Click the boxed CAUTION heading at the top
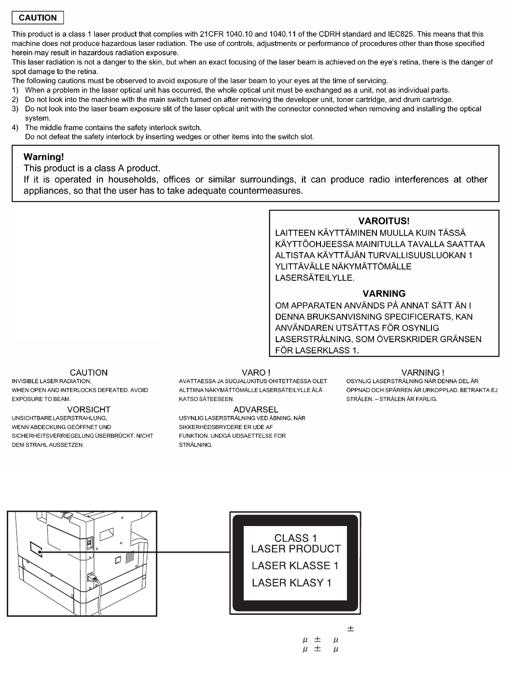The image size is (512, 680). (38, 18)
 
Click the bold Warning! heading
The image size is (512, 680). (44, 157)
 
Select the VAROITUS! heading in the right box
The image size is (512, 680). (384, 221)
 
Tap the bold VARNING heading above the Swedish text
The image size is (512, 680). (384, 293)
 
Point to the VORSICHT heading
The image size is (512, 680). (89, 409)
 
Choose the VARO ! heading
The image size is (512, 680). (256, 373)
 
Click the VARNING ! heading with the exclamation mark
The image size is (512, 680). (423, 373)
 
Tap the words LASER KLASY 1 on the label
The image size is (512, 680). (291, 583)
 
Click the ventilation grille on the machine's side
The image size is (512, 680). (130, 557)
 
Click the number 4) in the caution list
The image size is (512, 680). (15, 127)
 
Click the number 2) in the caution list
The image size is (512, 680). (15, 99)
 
